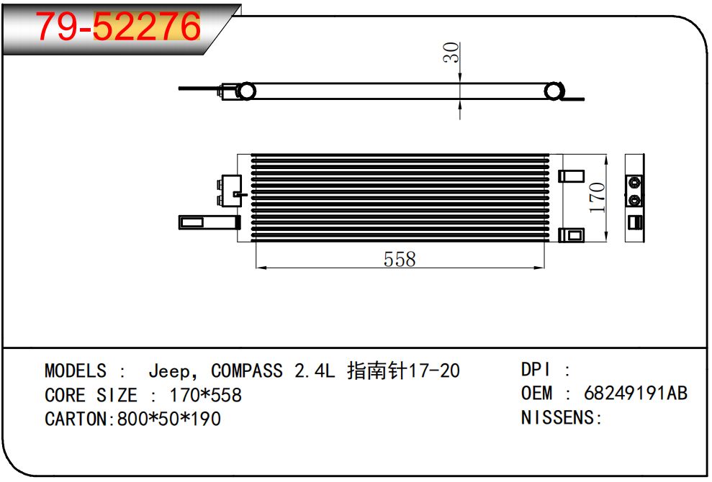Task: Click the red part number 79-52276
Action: click(118, 27)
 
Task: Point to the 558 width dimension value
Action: click(400, 259)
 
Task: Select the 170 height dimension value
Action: click(597, 197)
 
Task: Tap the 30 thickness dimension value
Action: click(451, 53)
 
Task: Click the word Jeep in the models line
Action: click(169, 371)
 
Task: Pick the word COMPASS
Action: click(247, 371)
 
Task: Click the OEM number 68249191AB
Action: click(636, 394)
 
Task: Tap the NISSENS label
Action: click(561, 417)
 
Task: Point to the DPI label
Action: click(536, 370)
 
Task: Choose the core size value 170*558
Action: click(205, 395)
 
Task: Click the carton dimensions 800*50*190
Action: click(165, 419)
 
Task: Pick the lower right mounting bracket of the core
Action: click(572, 235)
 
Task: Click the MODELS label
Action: click(75, 371)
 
